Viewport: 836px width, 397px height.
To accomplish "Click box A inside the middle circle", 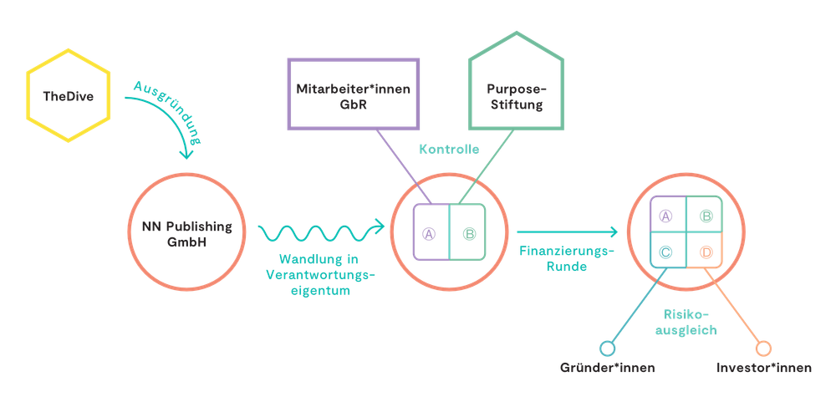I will click(430, 233).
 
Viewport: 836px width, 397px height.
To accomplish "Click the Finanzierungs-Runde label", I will click(566, 259).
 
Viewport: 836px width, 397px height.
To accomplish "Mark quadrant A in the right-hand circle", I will click(666, 217).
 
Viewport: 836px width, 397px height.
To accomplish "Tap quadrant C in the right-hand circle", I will click(666, 251).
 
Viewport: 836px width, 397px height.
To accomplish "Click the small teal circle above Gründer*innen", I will click(608, 347).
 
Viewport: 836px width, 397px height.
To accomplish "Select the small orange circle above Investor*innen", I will click(762, 347).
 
